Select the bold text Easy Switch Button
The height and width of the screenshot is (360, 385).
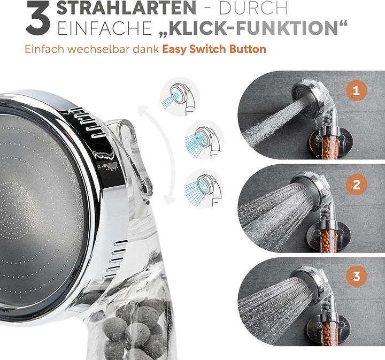pyautogui.click(x=214, y=50)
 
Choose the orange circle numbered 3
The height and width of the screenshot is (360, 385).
pyautogui.click(x=356, y=277)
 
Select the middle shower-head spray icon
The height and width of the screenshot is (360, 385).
pyautogui.click(x=202, y=140)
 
